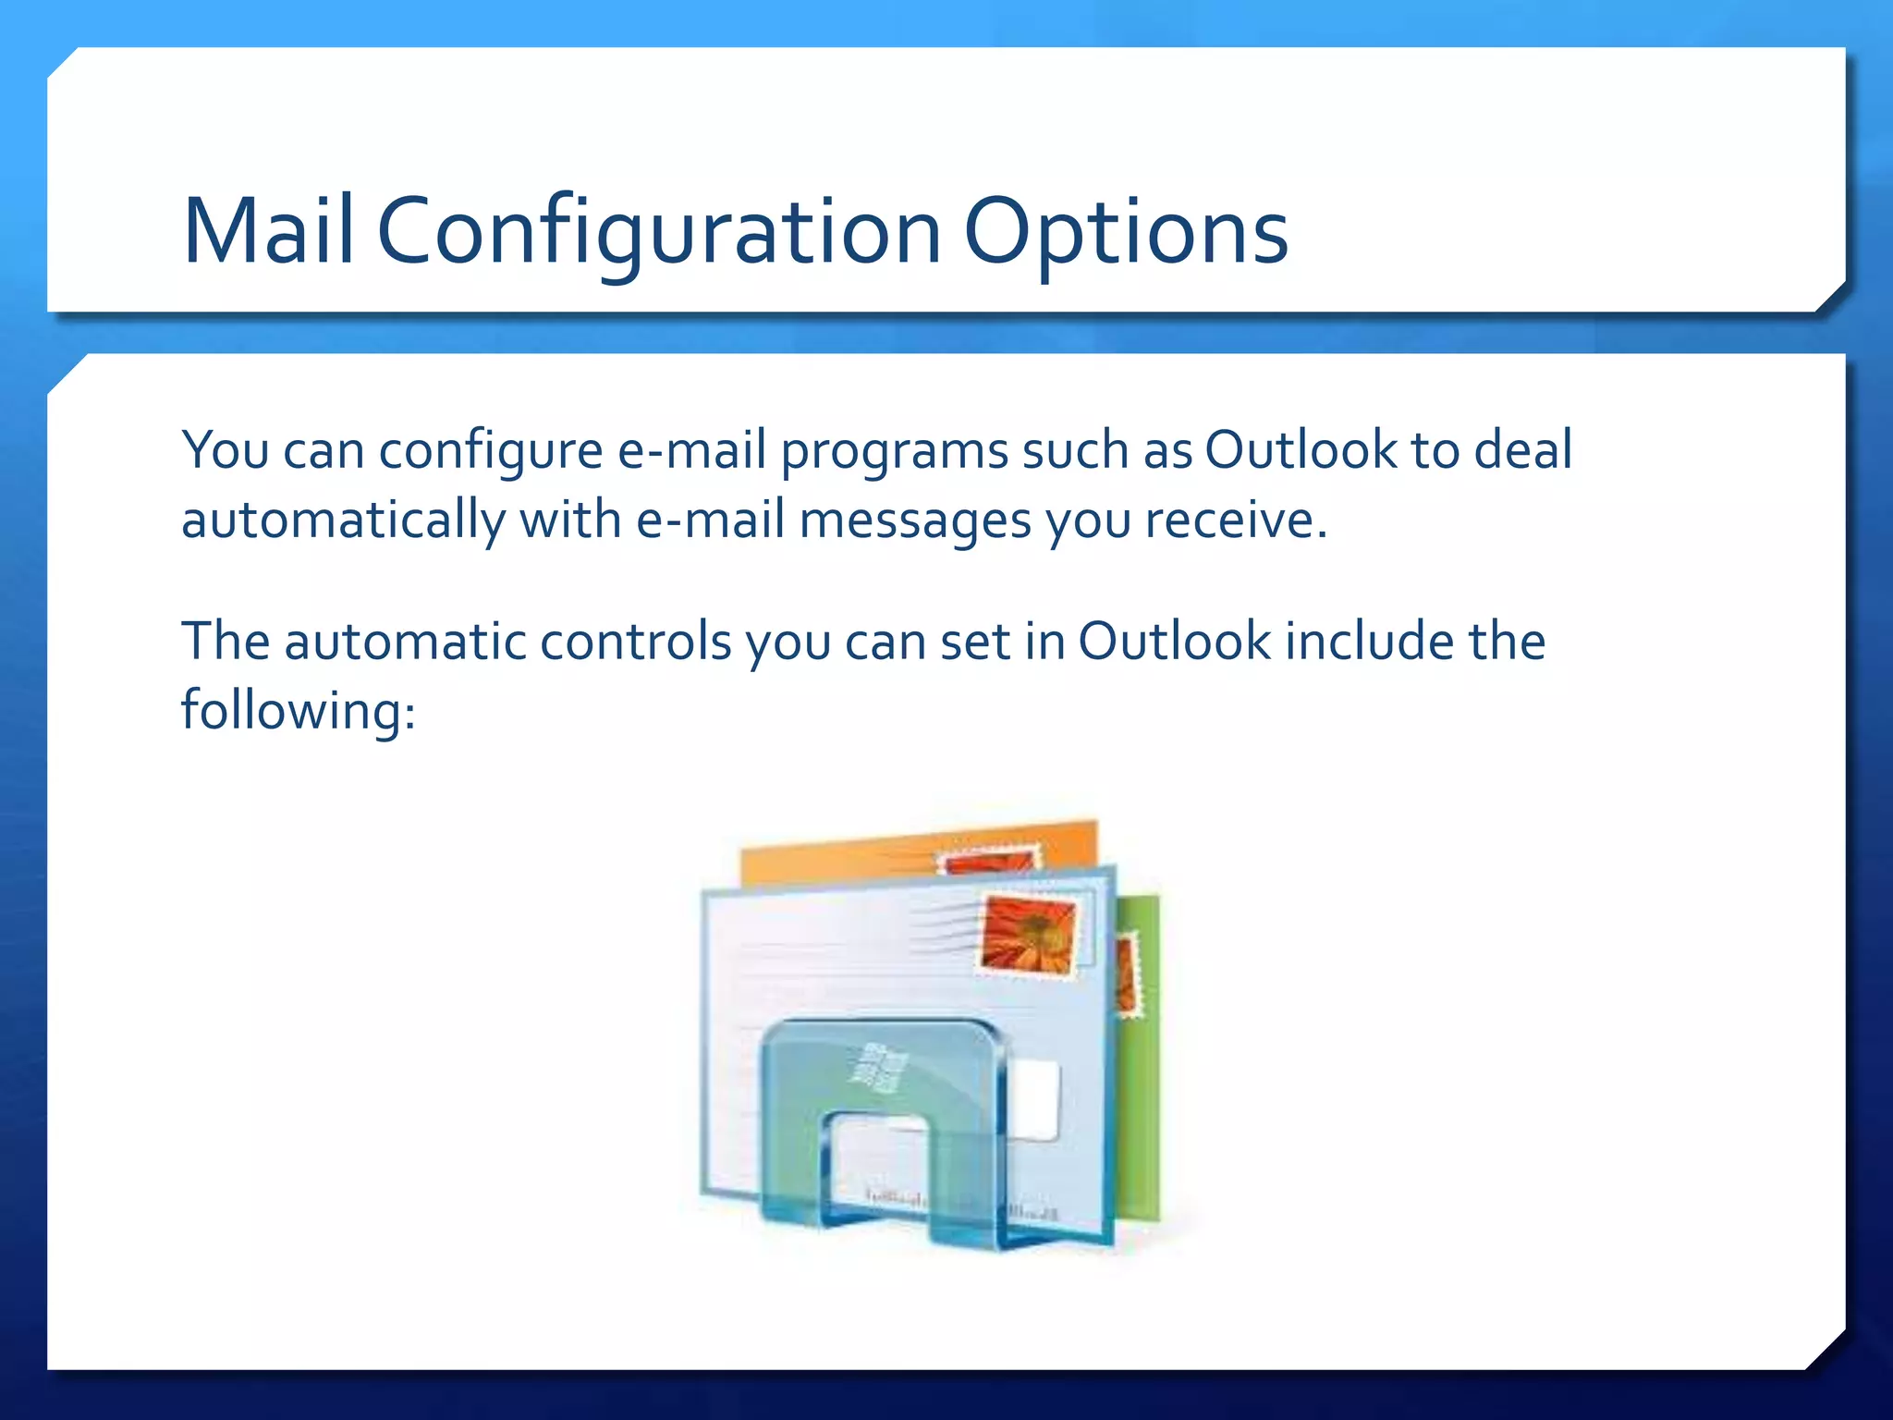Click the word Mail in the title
[268, 231]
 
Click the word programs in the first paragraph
[894, 451]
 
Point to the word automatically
[343, 520]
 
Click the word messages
[914, 520]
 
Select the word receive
[1235, 520]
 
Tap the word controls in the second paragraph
[635, 641]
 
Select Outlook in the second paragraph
[1175, 641]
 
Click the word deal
[1522, 451]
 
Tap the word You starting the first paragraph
[226, 451]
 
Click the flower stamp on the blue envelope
[1028, 934]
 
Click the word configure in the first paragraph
[491, 451]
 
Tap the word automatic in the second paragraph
[404, 641]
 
